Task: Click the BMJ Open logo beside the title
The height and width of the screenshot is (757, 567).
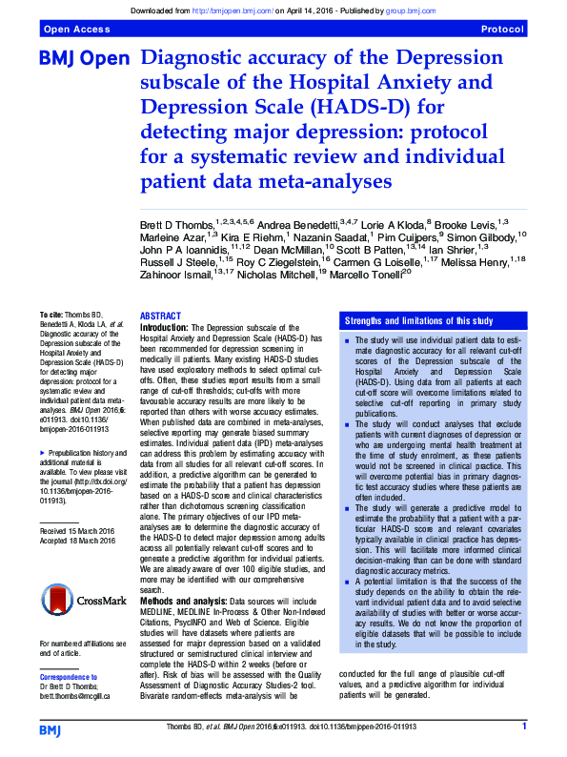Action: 83,59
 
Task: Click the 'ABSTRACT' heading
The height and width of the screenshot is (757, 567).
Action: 160,316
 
